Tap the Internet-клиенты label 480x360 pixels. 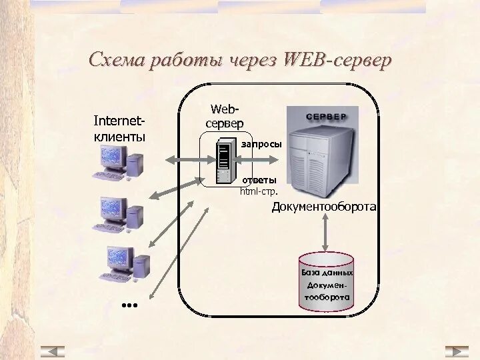(119, 129)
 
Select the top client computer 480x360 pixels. (121, 163)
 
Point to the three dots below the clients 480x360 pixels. (129, 305)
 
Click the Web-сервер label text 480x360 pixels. (225, 116)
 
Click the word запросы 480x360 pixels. (261, 144)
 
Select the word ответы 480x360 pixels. (259, 180)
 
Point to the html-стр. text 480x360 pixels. (259, 191)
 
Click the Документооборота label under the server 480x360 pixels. (324, 207)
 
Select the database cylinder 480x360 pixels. (326, 282)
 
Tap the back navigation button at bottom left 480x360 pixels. (53, 351)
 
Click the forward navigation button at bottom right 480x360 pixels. (457, 351)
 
